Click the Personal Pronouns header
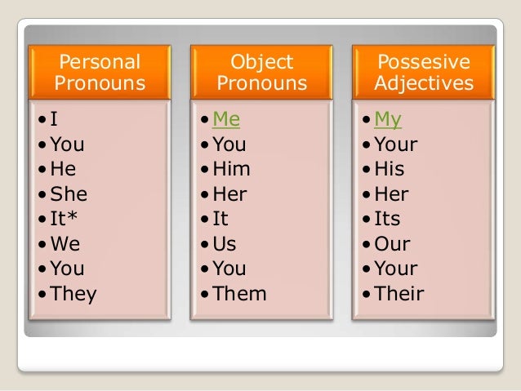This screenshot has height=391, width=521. pyautogui.click(x=100, y=73)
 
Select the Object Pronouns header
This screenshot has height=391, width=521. pyautogui.click(x=261, y=73)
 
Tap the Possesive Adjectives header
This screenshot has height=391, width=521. pyautogui.click(x=423, y=73)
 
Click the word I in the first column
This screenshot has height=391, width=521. pyautogui.click(x=54, y=121)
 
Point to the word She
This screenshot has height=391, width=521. pyautogui.click(x=68, y=195)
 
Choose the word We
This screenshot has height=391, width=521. pyautogui.click(x=65, y=244)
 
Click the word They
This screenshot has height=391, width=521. pyautogui.click(x=73, y=294)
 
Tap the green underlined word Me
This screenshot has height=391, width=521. pyautogui.click(x=226, y=121)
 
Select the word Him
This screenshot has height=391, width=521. pyautogui.click(x=231, y=170)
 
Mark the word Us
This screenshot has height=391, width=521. pyautogui.click(x=225, y=244)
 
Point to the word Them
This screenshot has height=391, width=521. pyautogui.click(x=239, y=294)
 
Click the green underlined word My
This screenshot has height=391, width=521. pyautogui.click(x=388, y=121)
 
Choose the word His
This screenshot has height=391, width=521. pyautogui.click(x=390, y=170)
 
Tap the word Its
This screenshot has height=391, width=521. pyautogui.click(x=388, y=220)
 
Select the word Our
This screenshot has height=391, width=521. pyautogui.click(x=392, y=244)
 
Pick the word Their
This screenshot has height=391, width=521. pyautogui.click(x=399, y=294)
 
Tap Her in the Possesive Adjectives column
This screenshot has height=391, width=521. pyautogui.click(x=392, y=195)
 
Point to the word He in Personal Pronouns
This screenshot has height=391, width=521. pyautogui.click(x=63, y=170)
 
